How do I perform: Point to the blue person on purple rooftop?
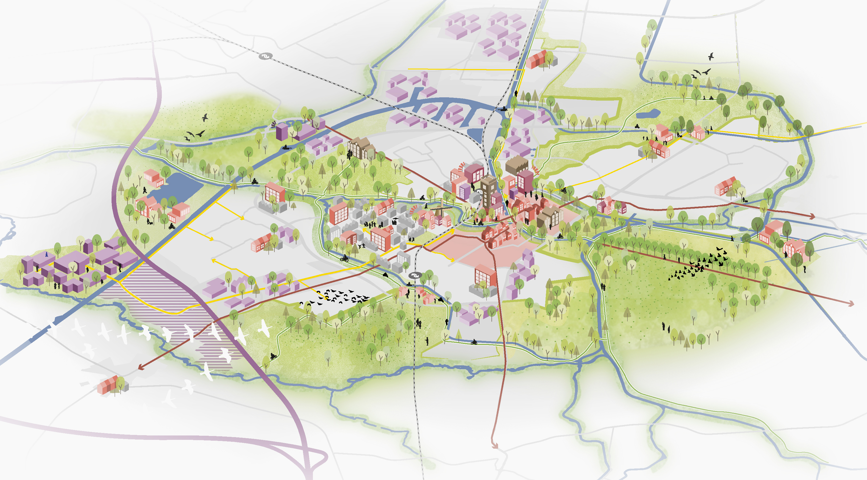click(46, 255)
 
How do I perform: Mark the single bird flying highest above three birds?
click(711, 56)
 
